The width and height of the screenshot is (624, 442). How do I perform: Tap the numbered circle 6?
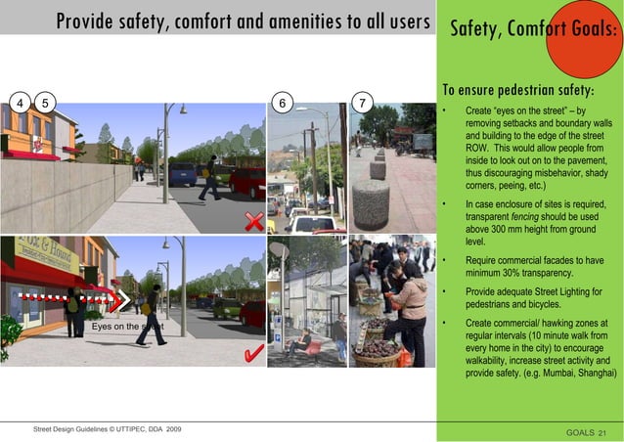(283, 103)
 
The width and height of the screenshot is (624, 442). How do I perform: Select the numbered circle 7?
(363, 103)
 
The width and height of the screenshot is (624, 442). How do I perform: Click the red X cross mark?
(253, 220)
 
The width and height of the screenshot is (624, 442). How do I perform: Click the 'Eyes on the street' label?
(127, 327)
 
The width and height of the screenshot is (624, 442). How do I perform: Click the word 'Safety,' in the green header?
(474, 29)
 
